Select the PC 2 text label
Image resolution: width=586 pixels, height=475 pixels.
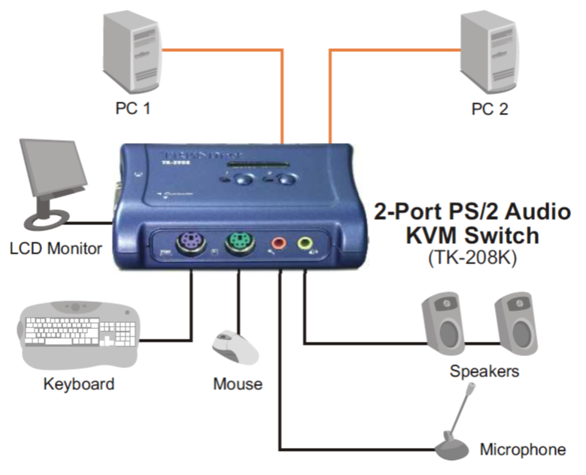tap(490, 108)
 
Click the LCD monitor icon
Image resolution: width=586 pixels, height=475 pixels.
tap(50, 180)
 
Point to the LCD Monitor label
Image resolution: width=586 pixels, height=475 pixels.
tap(56, 248)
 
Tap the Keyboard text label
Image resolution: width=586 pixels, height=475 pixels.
tap(79, 384)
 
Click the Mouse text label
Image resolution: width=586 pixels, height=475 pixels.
tap(238, 385)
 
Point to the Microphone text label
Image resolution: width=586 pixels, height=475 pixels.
tap(523, 450)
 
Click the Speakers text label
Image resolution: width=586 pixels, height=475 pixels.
tap(484, 371)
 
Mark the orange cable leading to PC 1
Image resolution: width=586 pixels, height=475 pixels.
tap(226, 50)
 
